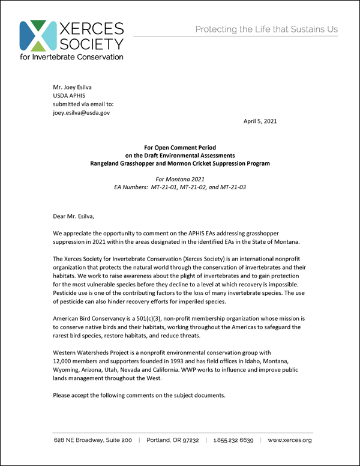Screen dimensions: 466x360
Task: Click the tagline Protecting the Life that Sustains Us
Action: click(266, 29)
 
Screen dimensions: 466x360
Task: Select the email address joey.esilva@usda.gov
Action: click(82, 112)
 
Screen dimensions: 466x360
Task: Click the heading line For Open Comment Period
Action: click(180, 147)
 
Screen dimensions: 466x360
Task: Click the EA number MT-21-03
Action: click(230, 187)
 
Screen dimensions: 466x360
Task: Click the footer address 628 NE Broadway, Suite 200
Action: click(92, 440)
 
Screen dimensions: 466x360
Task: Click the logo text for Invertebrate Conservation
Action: click(71, 57)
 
